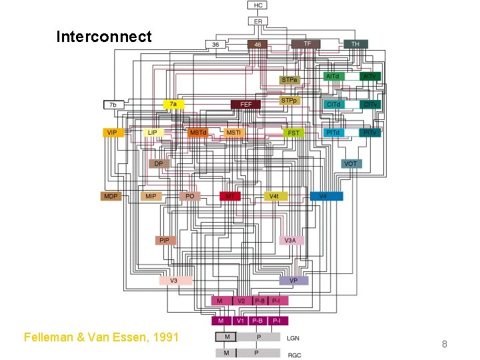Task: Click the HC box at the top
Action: pos(259,5)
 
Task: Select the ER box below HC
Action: pos(259,21)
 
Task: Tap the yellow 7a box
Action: pos(173,105)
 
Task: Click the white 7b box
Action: pos(113,105)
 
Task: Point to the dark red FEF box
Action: pos(246,105)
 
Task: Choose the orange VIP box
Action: pos(112,133)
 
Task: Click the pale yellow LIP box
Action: pos(153,133)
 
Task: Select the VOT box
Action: pos(351,163)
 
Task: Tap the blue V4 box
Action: pos(326,196)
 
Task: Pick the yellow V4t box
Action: pos(274,196)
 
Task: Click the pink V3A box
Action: pos(291,240)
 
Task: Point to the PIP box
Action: pos(164,240)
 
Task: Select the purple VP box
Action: pos(293,281)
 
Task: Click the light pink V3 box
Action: pos(174,281)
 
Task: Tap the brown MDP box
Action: pos(111,196)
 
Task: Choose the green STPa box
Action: pos(289,80)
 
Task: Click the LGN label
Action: pos(293,339)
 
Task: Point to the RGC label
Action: pos(293,355)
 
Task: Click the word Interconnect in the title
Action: pos(104,36)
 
